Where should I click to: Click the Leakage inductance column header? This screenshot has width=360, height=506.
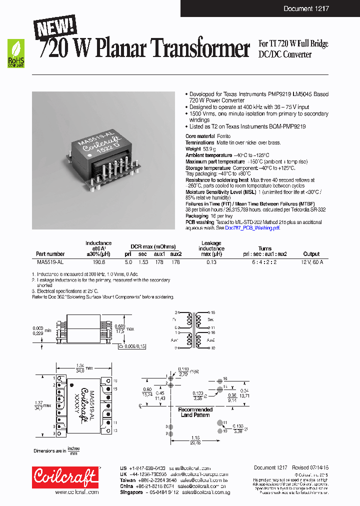(211, 248)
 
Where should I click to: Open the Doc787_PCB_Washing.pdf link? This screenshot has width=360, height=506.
(259, 227)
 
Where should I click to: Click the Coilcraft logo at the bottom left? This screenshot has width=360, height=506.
(65, 478)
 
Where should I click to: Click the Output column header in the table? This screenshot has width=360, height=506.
(311, 254)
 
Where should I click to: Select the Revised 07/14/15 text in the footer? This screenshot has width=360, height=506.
(309, 467)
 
